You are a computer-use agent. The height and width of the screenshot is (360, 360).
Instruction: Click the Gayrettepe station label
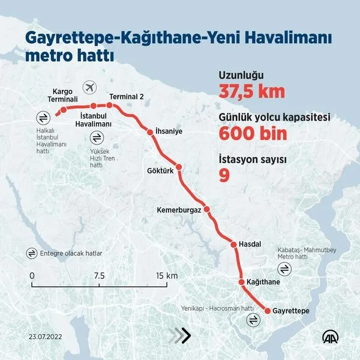coord(290,311)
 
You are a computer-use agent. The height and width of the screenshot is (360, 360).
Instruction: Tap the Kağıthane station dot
coord(242,281)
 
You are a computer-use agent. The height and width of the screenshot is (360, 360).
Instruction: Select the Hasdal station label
coord(250,244)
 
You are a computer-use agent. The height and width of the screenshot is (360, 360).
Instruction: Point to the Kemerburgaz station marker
coord(206,209)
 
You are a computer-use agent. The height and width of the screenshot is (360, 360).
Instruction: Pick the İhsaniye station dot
coord(149,131)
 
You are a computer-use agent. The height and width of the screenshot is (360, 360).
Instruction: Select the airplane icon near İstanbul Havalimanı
coord(91,88)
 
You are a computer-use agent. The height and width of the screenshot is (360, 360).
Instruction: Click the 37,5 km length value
coord(251,92)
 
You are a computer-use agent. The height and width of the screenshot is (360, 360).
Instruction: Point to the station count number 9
coord(224,175)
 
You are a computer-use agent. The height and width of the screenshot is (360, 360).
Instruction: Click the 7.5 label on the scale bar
coord(99,275)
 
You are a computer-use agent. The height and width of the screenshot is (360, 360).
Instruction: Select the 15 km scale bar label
coord(167,275)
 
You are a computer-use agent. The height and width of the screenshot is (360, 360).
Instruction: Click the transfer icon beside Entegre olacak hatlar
coord(31,253)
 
